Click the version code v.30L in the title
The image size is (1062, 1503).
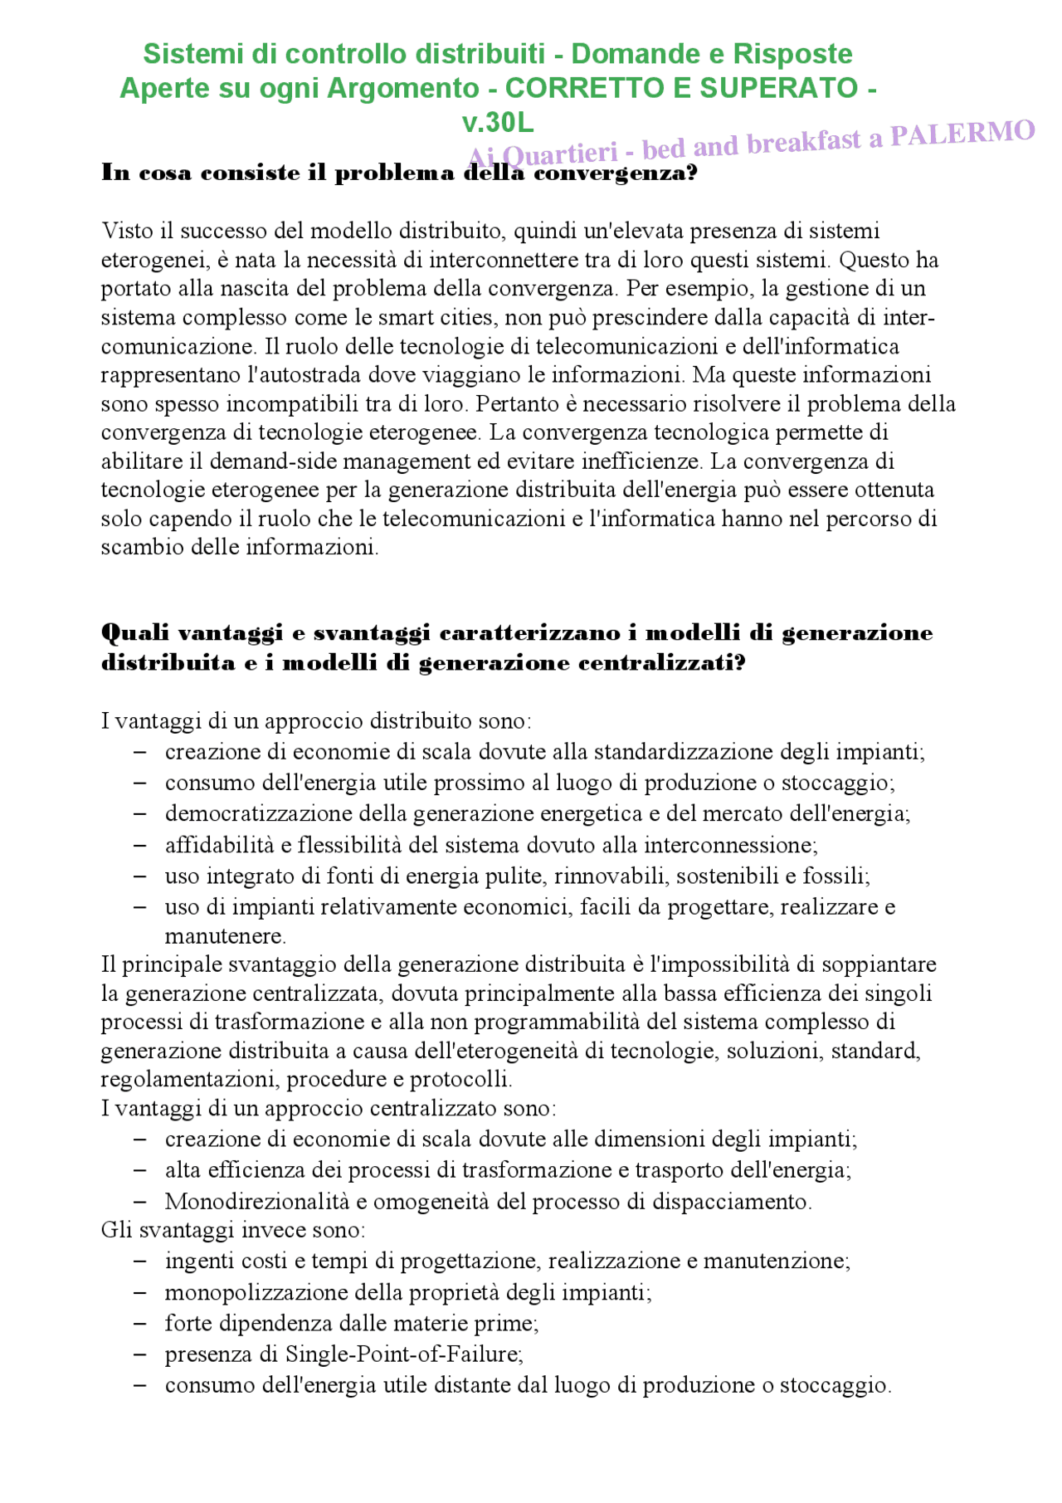click(498, 123)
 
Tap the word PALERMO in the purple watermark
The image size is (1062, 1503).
click(962, 134)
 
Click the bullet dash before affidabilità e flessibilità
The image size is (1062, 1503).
click(140, 845)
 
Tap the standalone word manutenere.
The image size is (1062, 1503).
click(225, 936)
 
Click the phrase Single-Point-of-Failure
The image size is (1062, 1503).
click(403, 1354)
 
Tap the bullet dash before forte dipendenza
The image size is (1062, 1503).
click(140, 1324)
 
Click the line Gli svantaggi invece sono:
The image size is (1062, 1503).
click(233, 1230)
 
